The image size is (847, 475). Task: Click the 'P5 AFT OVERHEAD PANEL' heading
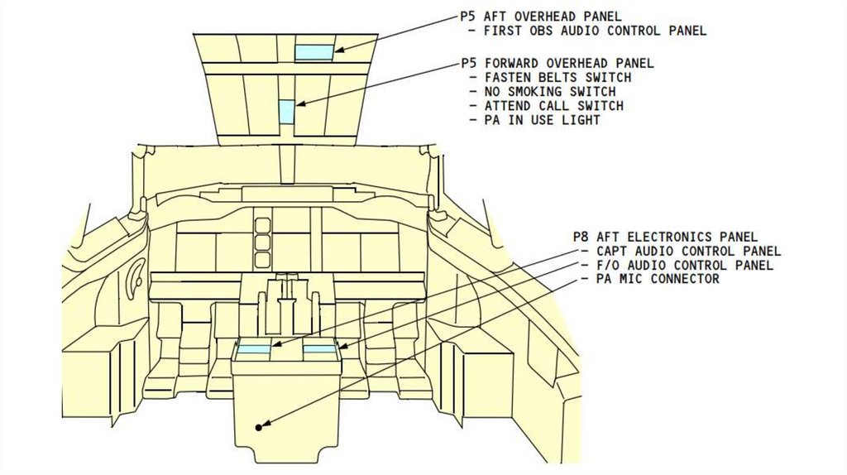coord(540,17)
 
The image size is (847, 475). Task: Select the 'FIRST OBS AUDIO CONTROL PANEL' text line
coord(595,31)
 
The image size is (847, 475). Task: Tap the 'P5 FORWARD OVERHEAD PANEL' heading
coord(557,63)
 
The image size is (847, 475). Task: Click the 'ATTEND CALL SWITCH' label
coord(553,106)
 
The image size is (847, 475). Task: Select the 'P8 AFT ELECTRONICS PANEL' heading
coord(665,237)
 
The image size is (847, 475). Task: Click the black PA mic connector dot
coord(258,427)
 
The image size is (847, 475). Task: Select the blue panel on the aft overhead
coord(315,51)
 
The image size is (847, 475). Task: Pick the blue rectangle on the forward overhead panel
coord(286,111)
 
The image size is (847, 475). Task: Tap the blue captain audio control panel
coord(254,350)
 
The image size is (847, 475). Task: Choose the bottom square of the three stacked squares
coord(262,260)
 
